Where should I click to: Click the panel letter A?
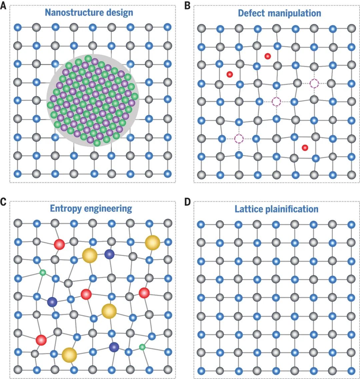[x=3, y=5]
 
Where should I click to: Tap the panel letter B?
[x=187, y=5]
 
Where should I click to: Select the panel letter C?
[x=3, y=202]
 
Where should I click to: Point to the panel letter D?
[x=188, y=202]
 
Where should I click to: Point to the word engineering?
[x=108, y=209]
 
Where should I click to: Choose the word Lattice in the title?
[x=249, y=209]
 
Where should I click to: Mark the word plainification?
[x=292, y=209]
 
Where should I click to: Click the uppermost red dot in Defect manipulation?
[x=267, y=56]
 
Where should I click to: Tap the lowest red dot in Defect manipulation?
[x=305, y=147]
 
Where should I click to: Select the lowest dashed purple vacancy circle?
[x=239, y=139]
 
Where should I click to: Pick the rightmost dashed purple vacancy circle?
[x=314, y=83]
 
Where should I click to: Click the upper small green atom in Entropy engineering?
[x=43, y=273]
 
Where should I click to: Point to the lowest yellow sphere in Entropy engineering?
[x=69, y=355]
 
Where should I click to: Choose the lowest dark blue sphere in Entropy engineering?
[x=114, y=347]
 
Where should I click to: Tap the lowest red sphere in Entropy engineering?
[x=41, y=340]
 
